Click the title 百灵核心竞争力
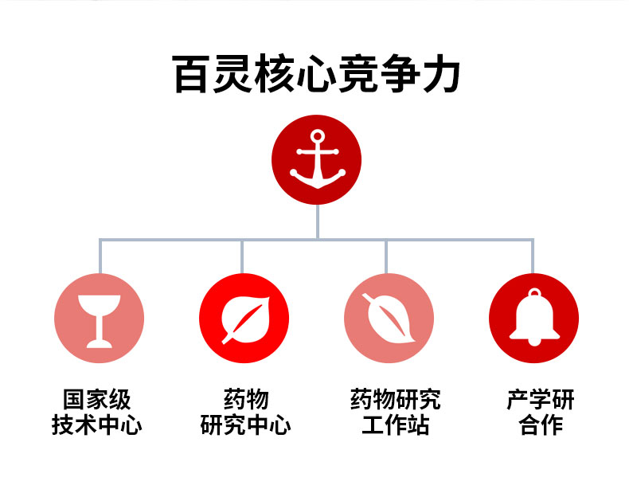pyautogui.click(x=317, y=75)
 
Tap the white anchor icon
pyautogui.click(x=317, y=159)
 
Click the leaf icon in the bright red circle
pyautogui.click(x=244, y=319)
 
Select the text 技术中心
pyautogui.click(x=97, y=425)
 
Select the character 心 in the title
pyautogui.click(x=318, y=75)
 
